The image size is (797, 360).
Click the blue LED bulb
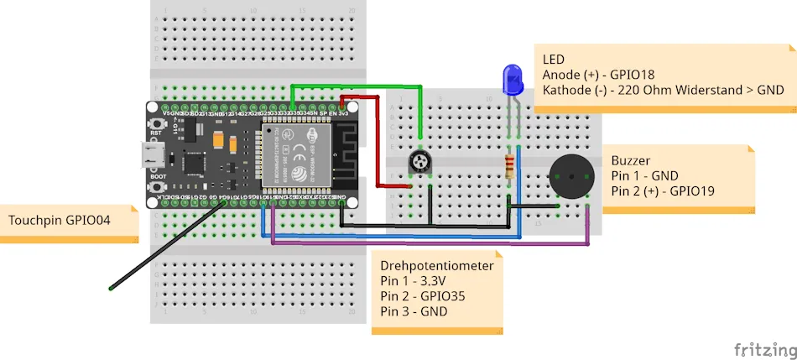[x=510, y=81]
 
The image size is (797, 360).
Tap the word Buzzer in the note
[x=632, y=160]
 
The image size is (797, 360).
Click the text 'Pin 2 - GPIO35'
[x=422, y=296]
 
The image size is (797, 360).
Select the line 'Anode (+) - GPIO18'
[x=597, y=75]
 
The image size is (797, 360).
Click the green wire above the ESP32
[x=357, y=86]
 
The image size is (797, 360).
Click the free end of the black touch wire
[x=111, y=289]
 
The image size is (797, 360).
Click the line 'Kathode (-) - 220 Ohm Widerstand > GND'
[x=663, y=90]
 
